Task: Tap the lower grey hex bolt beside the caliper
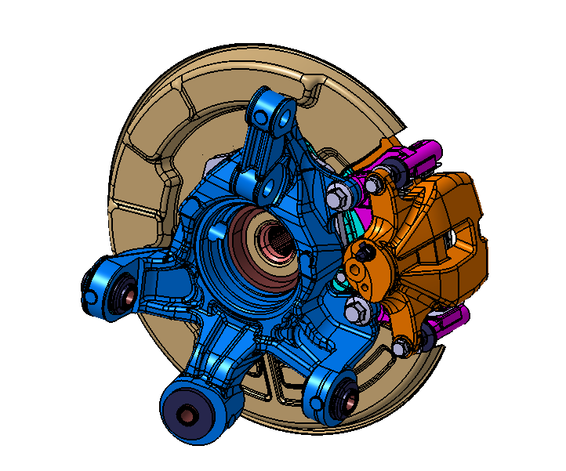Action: [x=355, y=310]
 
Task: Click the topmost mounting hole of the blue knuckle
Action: [x=282, y=116]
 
